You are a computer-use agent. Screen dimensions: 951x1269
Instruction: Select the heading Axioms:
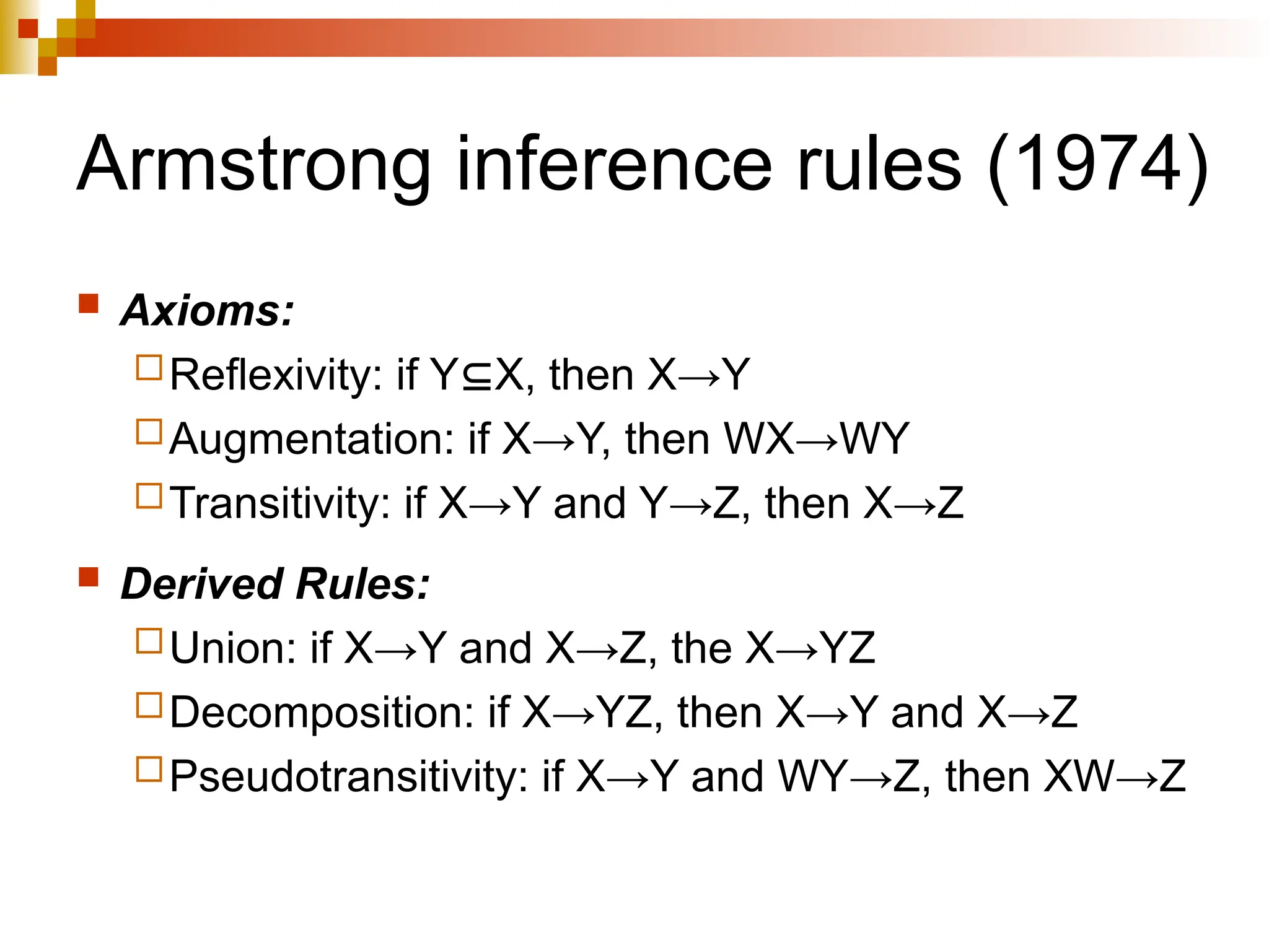(207, 310)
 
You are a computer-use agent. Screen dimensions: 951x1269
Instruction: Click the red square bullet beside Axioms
(89, 304)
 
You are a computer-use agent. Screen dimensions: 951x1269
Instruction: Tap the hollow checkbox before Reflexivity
(149, 367)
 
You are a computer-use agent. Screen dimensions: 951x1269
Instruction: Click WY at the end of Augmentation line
(874, 439)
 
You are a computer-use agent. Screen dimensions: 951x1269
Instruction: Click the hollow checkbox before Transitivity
(149, 496)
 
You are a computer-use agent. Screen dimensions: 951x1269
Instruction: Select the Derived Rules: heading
(274, 584)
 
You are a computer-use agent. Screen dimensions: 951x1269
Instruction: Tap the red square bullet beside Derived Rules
(89, 577)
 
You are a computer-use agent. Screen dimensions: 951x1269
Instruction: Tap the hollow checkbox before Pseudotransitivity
(149, 769)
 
